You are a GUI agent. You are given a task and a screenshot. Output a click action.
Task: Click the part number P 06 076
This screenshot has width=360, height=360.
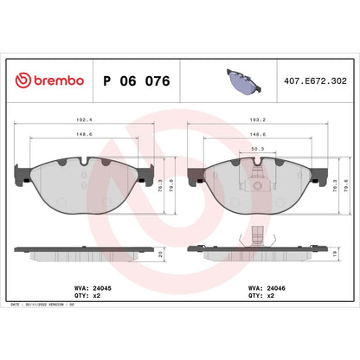137,80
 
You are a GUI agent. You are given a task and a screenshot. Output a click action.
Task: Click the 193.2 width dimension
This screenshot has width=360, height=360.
256,123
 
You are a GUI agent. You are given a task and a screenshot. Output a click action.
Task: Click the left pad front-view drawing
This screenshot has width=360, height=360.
82,183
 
